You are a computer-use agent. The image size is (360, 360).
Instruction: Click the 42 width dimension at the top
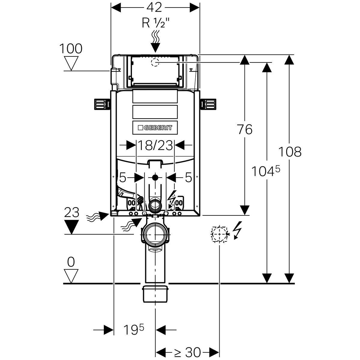[x=155, y=7]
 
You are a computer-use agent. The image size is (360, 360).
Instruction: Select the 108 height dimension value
[x=289, y=152]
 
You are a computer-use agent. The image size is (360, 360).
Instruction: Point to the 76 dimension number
[x=244, y=130]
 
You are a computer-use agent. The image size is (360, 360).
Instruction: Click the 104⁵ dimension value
[x=265, y=171]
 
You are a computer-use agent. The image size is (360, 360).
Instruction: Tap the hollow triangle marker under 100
[x=71, y=63]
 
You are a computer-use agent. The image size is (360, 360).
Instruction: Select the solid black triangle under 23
[x=71, y=227]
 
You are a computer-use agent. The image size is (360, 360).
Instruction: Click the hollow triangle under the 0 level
[x=71, y=276]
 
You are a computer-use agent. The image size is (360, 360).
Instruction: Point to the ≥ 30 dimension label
[x=187, y=352]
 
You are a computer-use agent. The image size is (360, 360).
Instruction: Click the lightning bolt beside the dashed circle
[x=237, y=230]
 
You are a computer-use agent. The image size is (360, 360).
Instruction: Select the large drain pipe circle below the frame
[x=155, y=234]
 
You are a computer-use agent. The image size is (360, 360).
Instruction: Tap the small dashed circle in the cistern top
[x=155, y=62]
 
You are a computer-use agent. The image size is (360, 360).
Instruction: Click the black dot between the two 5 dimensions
[x=155, y=177]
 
